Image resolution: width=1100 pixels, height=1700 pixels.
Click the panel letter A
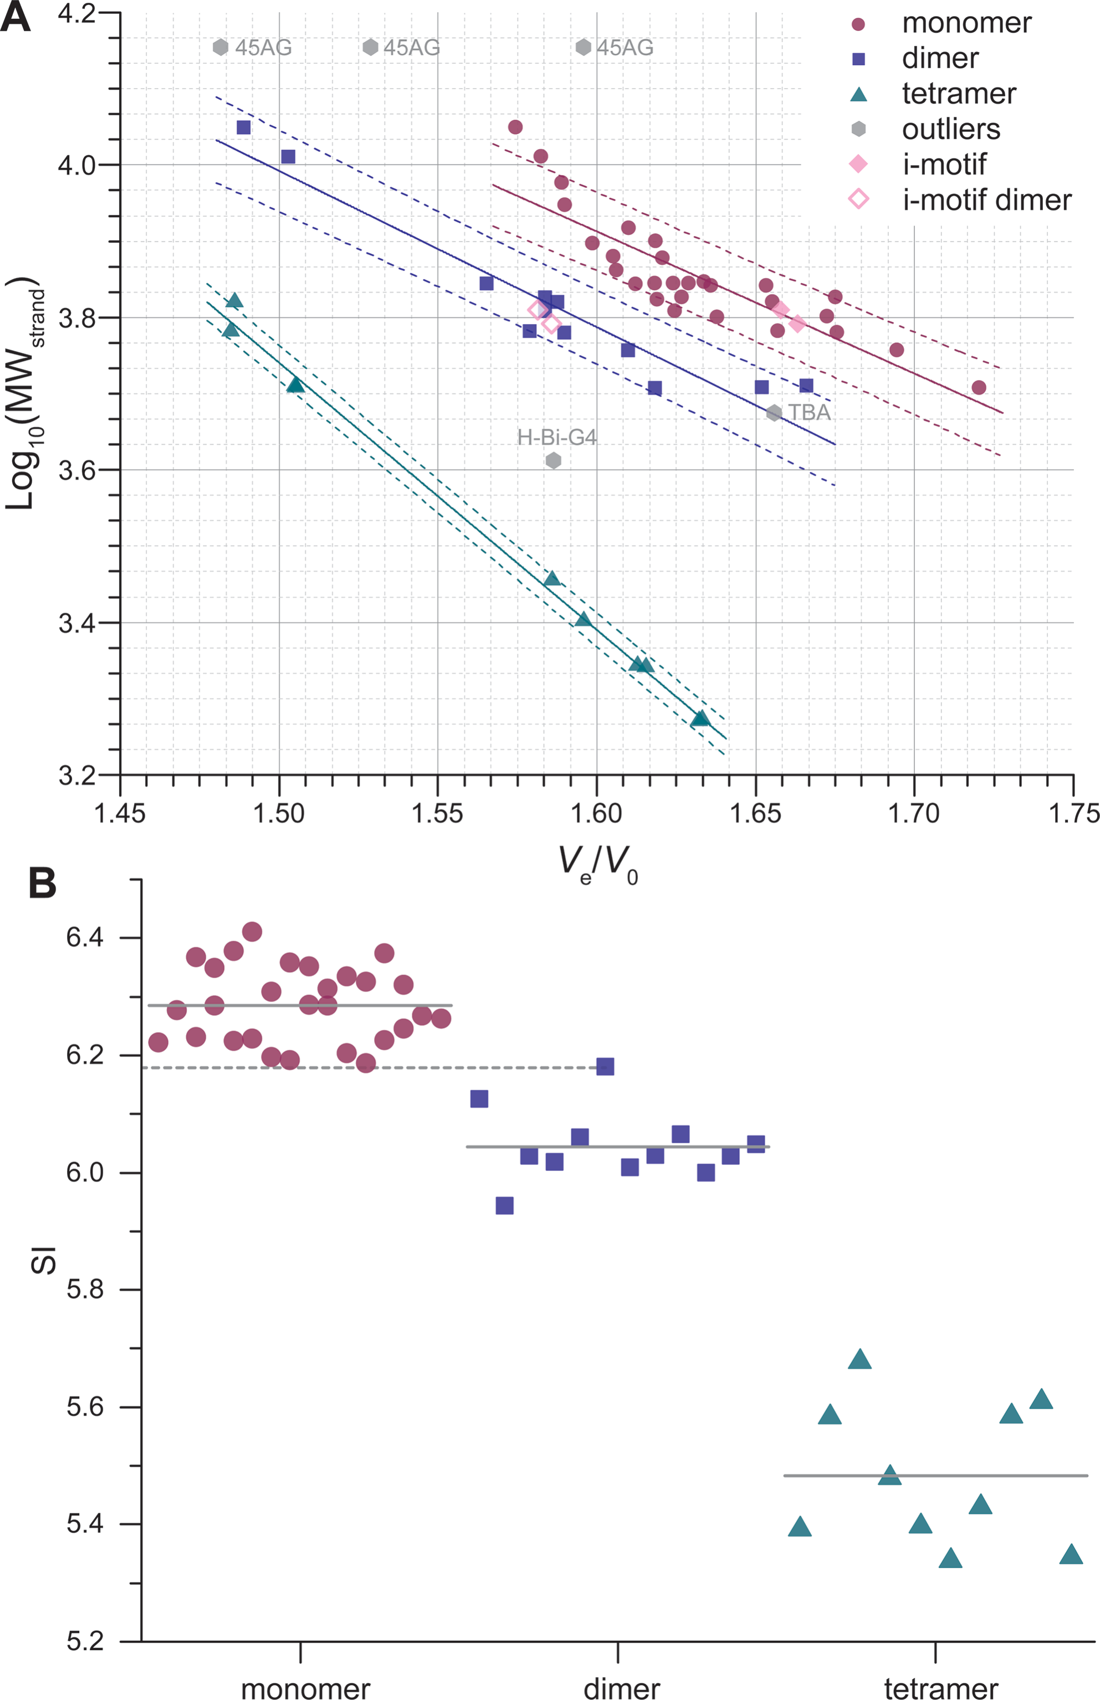click(16, 17)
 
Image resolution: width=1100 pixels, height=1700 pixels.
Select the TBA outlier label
click(809, 413)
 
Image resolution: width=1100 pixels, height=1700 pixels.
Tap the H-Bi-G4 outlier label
click(556, 437)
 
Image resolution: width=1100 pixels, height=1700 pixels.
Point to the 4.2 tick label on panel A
click(77, 13)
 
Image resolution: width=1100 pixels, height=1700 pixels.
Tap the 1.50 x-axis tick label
click(279, 813)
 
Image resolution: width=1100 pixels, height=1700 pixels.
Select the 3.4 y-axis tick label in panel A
click(77, 623)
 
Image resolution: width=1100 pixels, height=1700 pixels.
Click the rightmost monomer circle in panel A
click(979, 388)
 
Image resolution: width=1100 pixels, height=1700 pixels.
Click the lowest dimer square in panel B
click(504, 1206)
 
